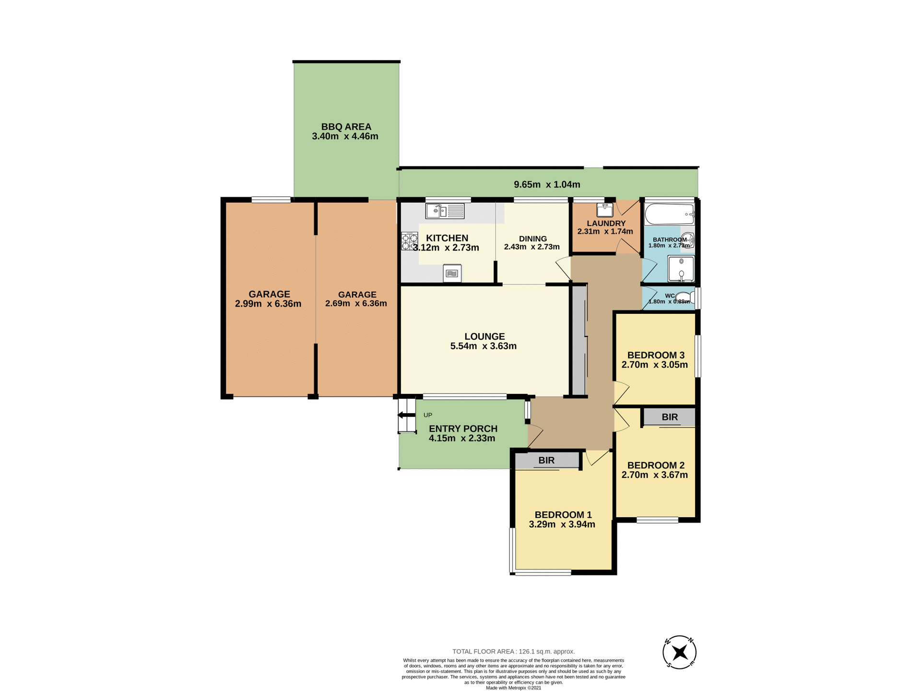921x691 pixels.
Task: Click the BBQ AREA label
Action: [x=346, y=127]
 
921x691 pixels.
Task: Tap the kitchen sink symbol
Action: [x=445, y=211]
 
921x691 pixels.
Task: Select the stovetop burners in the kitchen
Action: [x=409, y=242]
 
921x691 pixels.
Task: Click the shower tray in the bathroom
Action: [x=681, y=269]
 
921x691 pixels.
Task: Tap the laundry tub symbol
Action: [x=604, y=210]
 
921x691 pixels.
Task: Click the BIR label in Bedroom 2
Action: [x=670, y=417]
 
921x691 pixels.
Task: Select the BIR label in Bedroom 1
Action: [x=546, y=460]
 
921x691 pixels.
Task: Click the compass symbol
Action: [x=679, y=652]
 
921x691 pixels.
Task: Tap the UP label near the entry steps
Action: [x=428, y=415]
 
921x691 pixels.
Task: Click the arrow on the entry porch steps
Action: [x=406, y=415]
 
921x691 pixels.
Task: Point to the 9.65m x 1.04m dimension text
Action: [x=547, y=184]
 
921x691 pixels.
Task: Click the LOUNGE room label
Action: [x=484, y=336]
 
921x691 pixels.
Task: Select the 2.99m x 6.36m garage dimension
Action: [x=268, y=304]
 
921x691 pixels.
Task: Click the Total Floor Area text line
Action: [x=513, y=651]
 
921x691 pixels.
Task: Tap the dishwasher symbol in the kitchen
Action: [x=452, y=273]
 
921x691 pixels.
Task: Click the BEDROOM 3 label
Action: [x=656, y=355]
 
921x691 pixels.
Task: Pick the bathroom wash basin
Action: [x=687, y=239]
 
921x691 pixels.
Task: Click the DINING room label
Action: [x=532, y=238]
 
